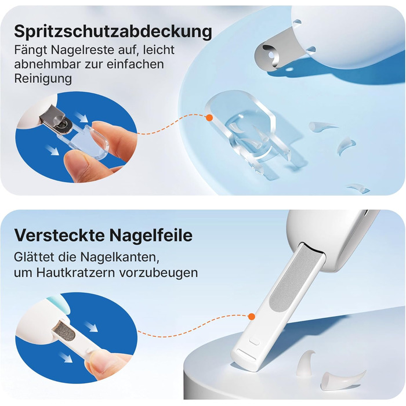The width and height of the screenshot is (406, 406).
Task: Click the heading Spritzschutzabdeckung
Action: click(x=113, y=32)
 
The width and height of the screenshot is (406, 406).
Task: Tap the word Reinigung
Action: click(x=43, y=78)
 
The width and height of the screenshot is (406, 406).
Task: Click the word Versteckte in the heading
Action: click(x=60, y=235)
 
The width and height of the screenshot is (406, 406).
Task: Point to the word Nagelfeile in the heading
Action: click(x=151, y=235)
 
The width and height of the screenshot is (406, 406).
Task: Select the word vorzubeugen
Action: click(x=158, y=273)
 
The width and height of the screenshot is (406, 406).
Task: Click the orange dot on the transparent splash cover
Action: click(x=209, y=118)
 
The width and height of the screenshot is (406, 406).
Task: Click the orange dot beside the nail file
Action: click(x=251, y=317)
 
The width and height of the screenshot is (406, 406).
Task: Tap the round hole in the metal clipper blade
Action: click(x=271, y=55)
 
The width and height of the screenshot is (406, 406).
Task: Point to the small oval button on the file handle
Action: click(x=254, y=342)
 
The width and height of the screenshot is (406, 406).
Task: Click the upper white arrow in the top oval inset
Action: click(x=82, y=117)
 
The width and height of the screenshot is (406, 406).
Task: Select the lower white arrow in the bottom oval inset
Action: click(x=66, y=357)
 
